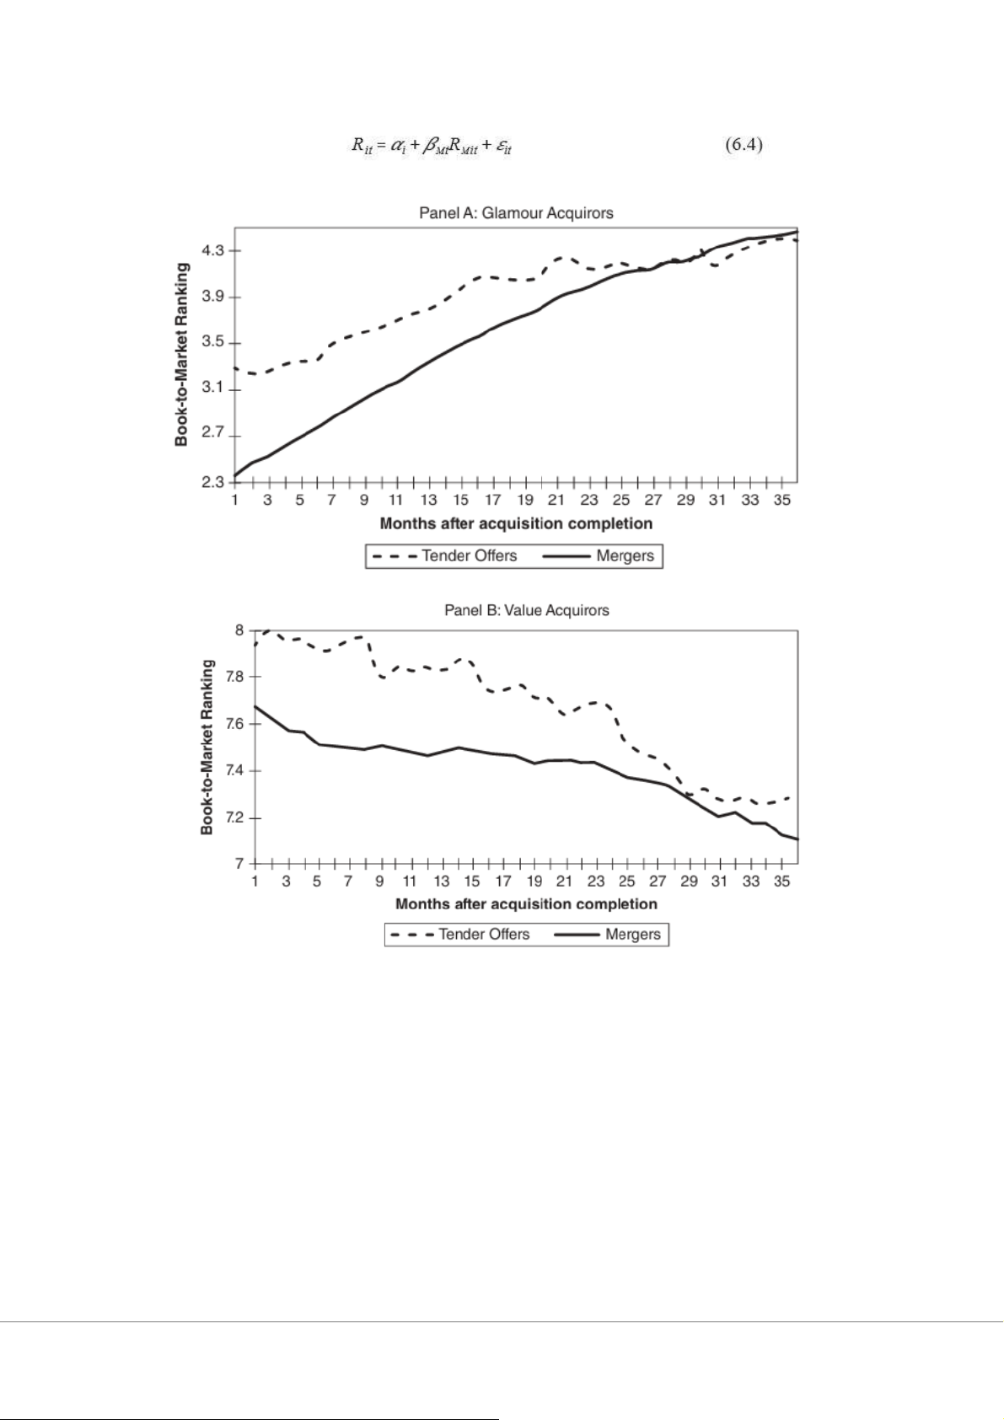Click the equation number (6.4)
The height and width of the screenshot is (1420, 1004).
(744, 146)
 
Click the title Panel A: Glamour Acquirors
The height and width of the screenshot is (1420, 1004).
(516, 213)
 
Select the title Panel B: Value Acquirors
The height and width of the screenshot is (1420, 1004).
(526, 610)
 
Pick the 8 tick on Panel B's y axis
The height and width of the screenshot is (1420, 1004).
(239, 630)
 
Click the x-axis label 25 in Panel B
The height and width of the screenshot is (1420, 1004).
(626, 881)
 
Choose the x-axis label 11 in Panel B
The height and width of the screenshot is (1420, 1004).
(410, 881)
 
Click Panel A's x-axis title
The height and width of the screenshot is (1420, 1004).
(516, 523)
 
